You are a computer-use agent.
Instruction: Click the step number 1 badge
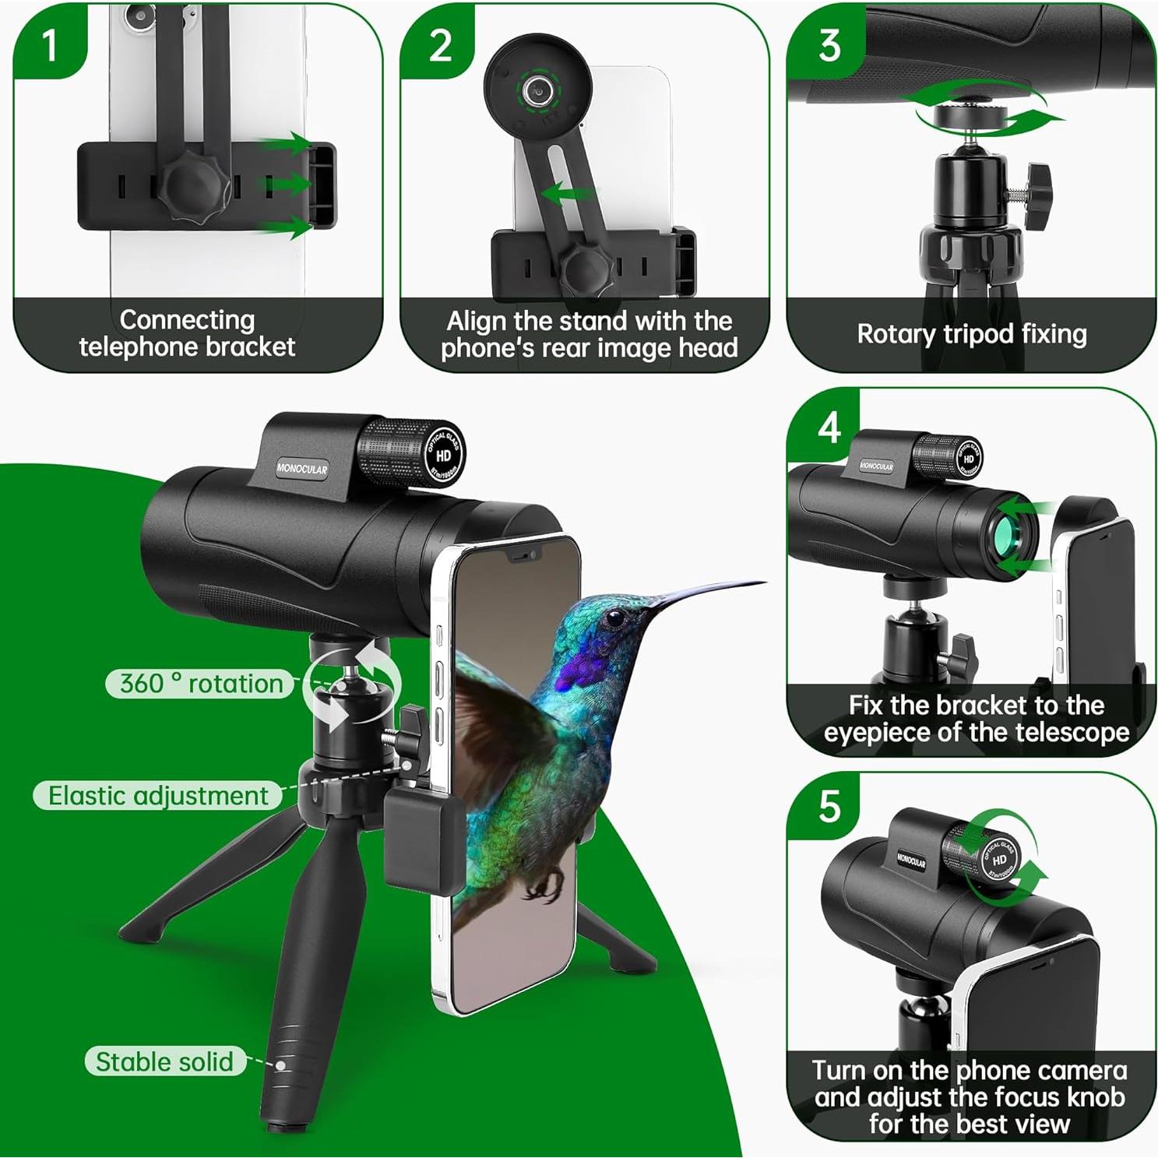tap(50, 45)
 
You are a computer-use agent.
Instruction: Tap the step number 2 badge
tap(440, 45)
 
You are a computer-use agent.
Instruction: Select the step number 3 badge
tap(829, 45)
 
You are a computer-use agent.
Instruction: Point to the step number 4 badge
tap(829, 428)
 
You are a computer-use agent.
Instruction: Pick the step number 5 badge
tap(829, 807)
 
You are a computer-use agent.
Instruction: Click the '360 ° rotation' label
tap(201, 684)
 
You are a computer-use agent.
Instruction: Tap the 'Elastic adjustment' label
tap(158, 796)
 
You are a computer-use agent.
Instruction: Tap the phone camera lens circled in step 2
tap(537, 91)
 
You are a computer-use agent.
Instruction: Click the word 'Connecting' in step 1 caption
tap(187, 320)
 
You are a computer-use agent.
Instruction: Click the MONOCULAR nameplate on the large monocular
tap(302, 469)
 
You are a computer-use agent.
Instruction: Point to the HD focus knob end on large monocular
tap(444, 455)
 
